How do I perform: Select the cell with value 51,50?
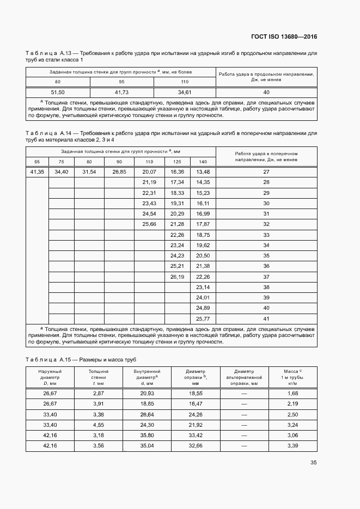(58, 92)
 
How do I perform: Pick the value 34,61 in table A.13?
(185, 92)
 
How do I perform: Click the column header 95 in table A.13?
(122, 82)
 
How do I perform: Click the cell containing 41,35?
(37, 171)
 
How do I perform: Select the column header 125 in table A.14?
(177, 162)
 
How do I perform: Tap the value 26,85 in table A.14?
(119, 171)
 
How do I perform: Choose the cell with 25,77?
(203, 318)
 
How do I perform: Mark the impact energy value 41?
(266, 318)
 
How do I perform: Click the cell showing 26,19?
(178, 277)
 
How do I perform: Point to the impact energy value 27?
(266, 171)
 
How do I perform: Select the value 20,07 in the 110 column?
(149, 171)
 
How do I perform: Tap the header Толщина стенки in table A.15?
(99, 377)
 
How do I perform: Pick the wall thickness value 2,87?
(99, 393)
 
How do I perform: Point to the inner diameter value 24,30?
(147, 424)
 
